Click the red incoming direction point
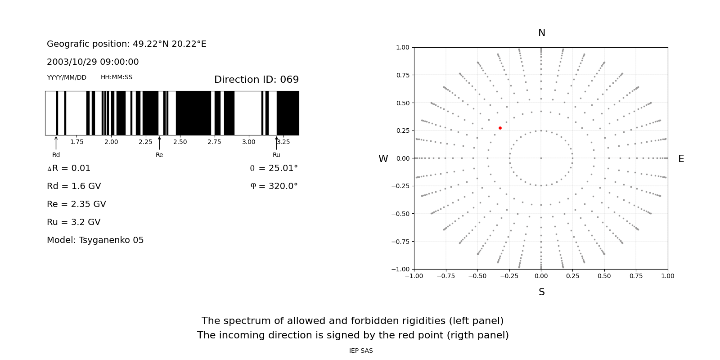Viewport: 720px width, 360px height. [500, 128]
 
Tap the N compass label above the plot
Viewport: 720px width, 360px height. [542, 33]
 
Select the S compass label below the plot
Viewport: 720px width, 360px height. [542, 292]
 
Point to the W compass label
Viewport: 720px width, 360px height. [383, 159]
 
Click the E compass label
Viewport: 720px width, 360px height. [681, 159]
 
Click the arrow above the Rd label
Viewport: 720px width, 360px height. [56, 143]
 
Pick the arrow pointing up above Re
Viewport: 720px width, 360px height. [159, 143]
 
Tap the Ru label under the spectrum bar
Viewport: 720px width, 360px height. [276, 155]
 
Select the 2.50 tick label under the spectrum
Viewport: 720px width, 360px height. [180, 142]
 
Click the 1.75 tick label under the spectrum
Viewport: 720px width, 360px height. [77, 142]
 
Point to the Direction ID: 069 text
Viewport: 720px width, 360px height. [256, 79]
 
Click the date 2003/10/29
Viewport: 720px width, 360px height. [72, 62]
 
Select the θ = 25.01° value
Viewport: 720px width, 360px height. [274, 168]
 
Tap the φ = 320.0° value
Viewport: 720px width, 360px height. [274, 186]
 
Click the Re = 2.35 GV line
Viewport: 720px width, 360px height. [76, 204]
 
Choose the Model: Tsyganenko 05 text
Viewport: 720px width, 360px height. [95, 240]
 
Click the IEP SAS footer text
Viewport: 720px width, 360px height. [361, 351]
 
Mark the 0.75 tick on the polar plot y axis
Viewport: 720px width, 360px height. [403, 75]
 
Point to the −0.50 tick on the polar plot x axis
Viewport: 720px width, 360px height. [477, 276]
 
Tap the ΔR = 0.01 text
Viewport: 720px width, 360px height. [69, 168]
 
